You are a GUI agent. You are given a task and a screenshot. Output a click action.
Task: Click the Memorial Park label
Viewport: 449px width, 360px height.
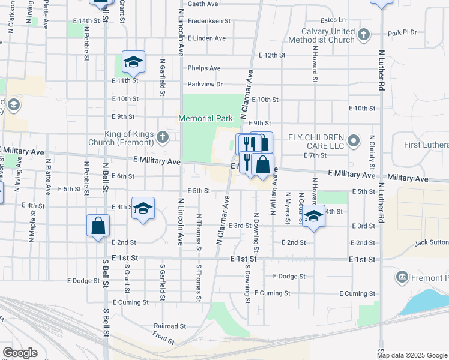pyautogui.click(x=205, y=118)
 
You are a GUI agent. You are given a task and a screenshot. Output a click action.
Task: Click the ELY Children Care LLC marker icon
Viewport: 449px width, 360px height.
pyautogui.click(x=354, y=141)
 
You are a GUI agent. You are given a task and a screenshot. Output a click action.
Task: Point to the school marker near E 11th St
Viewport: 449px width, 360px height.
pyautogui.click(x=133, y=61)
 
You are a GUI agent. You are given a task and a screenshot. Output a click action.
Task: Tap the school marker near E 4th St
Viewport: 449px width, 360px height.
pyautogui.click(x=143, y=208)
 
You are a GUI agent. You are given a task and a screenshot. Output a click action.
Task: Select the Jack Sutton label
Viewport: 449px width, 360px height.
pyautogui.click(x=430, y=242)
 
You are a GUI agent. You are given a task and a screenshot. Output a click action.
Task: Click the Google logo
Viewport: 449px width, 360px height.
pyautogui.click(x=20, y=353)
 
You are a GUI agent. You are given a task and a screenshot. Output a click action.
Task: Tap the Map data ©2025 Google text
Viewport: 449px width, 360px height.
pyautogui.click(x=412, y=355)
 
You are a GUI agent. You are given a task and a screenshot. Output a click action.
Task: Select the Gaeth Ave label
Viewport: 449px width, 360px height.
pyautogui.click(x=202, y=4)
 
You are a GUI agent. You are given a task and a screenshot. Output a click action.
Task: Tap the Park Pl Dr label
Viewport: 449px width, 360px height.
pyautogui.click(x=402, y=32)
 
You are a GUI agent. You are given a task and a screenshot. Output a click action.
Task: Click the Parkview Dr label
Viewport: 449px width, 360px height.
pyautogui.click(x=205, y=84)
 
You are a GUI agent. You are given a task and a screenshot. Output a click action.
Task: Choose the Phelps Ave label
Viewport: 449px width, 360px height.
pyautogui.click(x=203, y=68)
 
